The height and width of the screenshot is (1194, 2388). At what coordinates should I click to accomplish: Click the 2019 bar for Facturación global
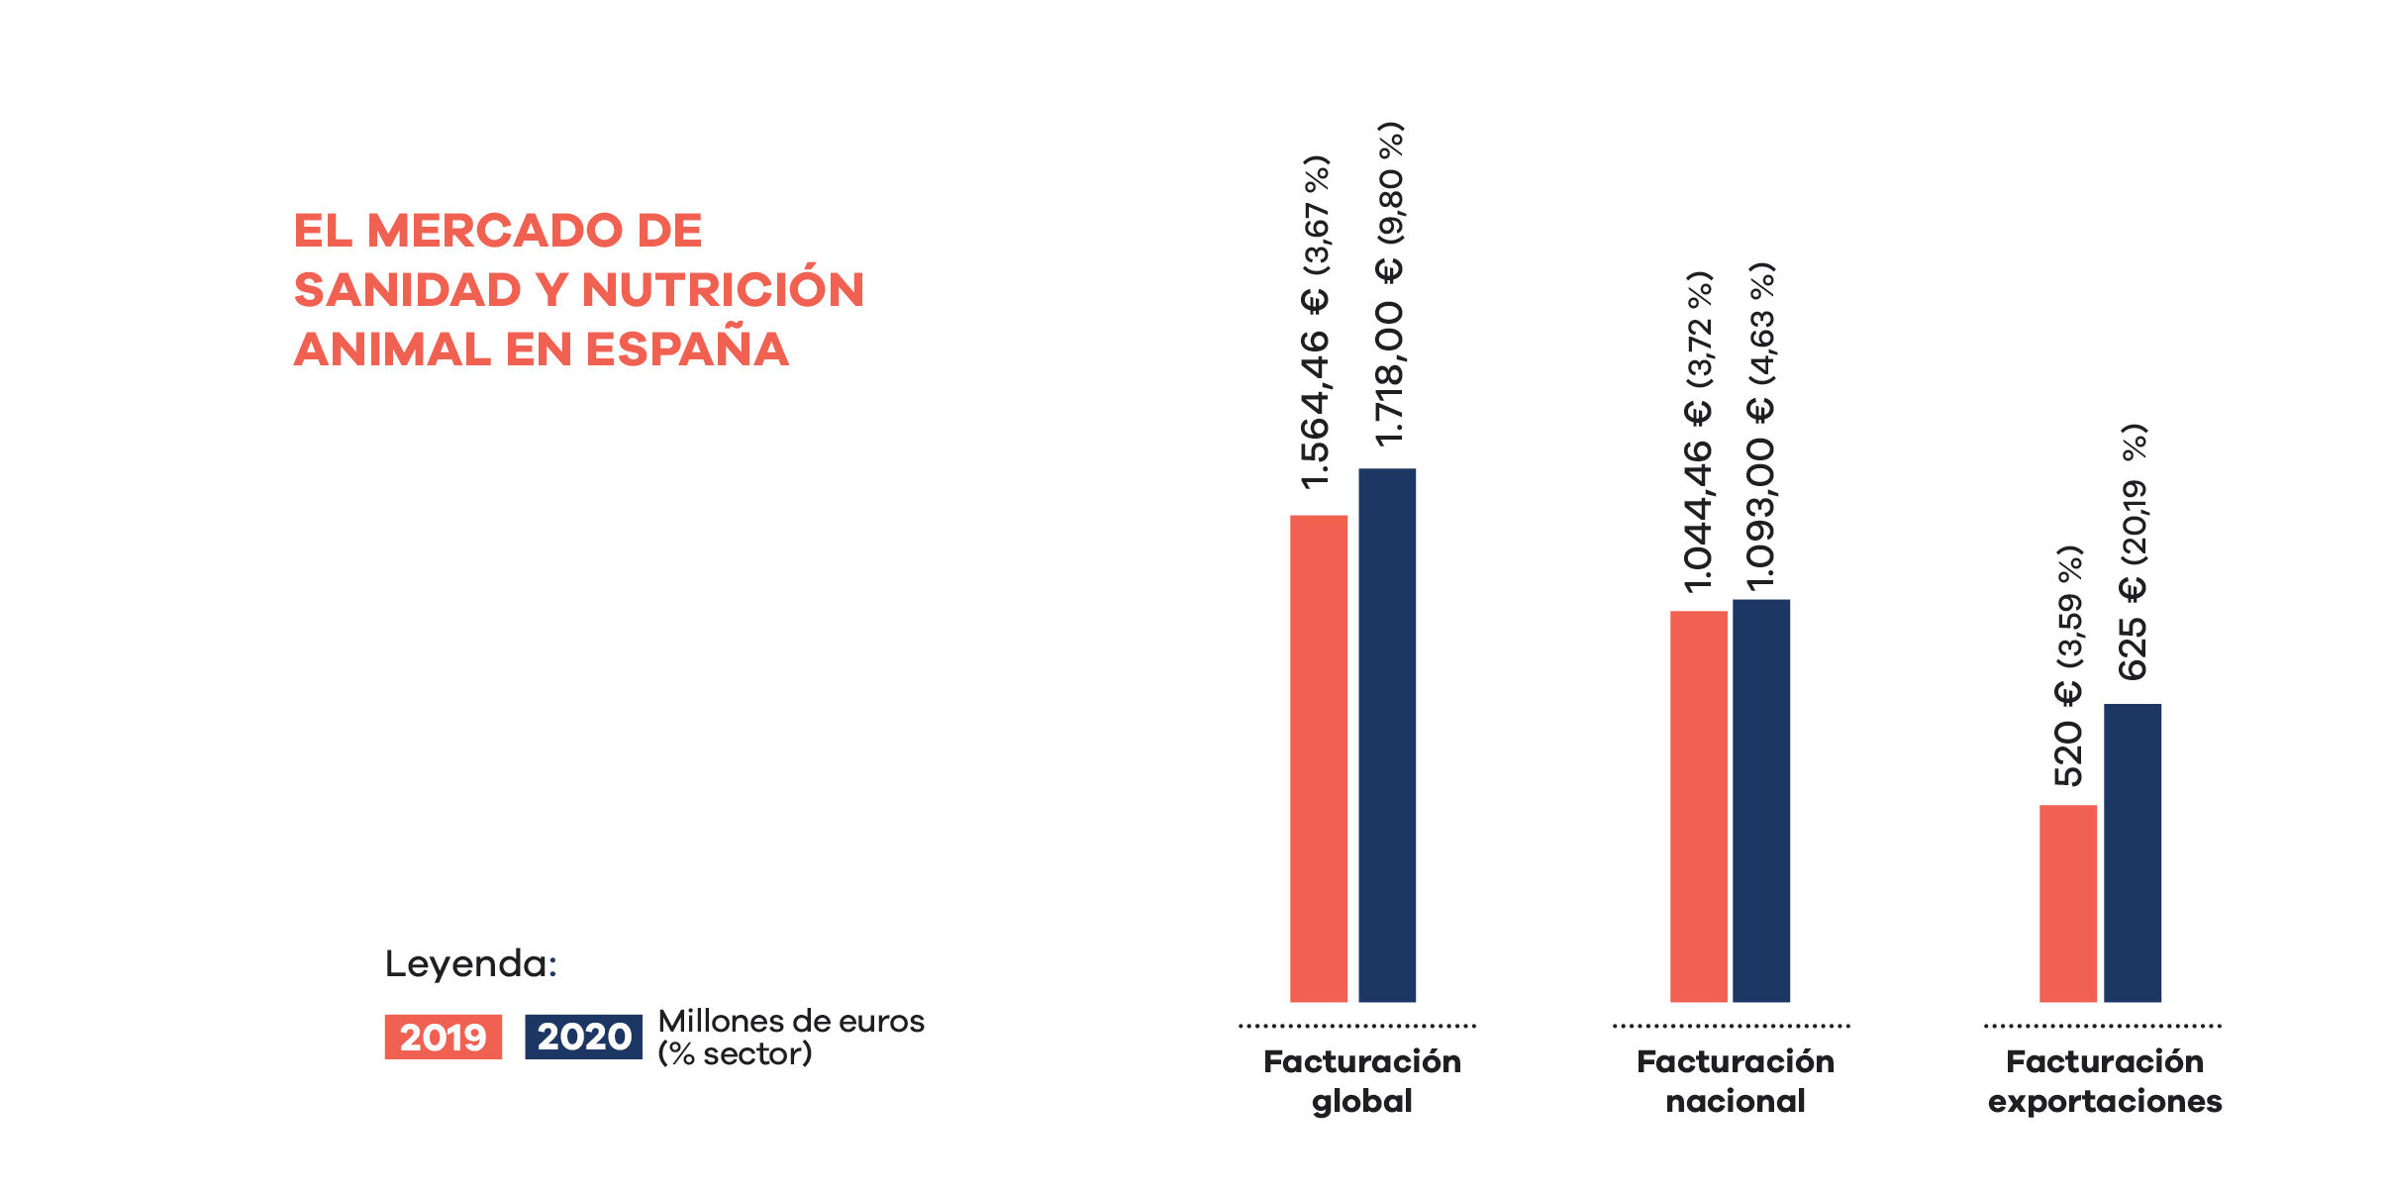point(1318,758)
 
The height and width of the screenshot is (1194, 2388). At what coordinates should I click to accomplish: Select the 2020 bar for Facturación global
point(1386,735)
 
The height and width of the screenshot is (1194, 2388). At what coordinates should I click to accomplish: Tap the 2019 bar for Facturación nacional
point(1698,806)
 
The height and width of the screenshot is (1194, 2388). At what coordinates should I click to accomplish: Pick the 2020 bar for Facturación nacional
point(1760,800)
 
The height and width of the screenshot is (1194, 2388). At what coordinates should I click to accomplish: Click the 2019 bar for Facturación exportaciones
point(2067,903)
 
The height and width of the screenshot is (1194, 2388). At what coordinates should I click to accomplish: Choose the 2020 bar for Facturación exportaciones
point(2132,852)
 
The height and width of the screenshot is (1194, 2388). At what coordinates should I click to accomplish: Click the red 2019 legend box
point(443,1037)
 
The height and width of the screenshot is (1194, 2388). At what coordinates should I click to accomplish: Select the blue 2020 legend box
point(583,1037)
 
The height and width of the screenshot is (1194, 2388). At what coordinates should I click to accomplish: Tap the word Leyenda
point(470,963)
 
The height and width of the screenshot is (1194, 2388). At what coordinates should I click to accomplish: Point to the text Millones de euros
point(791,1021)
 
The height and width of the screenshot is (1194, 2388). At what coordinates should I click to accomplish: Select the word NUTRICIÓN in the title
point(723,290)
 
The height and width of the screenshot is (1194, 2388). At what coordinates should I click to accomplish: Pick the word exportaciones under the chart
point(2105,1101)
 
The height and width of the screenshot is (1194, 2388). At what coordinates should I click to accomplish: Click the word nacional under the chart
point(1735,1101)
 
